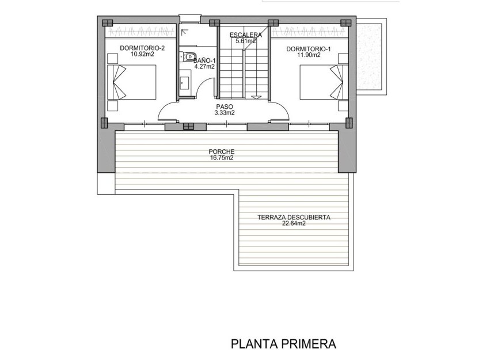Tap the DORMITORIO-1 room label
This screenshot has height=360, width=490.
coord(309,49)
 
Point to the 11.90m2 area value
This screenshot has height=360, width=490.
coord(309,55)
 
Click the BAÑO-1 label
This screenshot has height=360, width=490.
coord(204,60)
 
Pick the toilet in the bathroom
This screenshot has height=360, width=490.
coord(189,56)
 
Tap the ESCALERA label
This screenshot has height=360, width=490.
coord(246,35)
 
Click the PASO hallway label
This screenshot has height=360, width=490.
coord(225,107)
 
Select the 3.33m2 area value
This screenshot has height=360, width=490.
coord(225,113)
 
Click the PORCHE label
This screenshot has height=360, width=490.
coord(222,153)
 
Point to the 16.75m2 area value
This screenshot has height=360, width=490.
coord(222,158)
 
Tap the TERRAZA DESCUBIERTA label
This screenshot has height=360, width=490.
coord(294,218)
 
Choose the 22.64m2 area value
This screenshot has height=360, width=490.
coord(294,224)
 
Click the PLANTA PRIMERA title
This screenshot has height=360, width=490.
coord(283,344)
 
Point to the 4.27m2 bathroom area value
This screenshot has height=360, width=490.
coord(204,66)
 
